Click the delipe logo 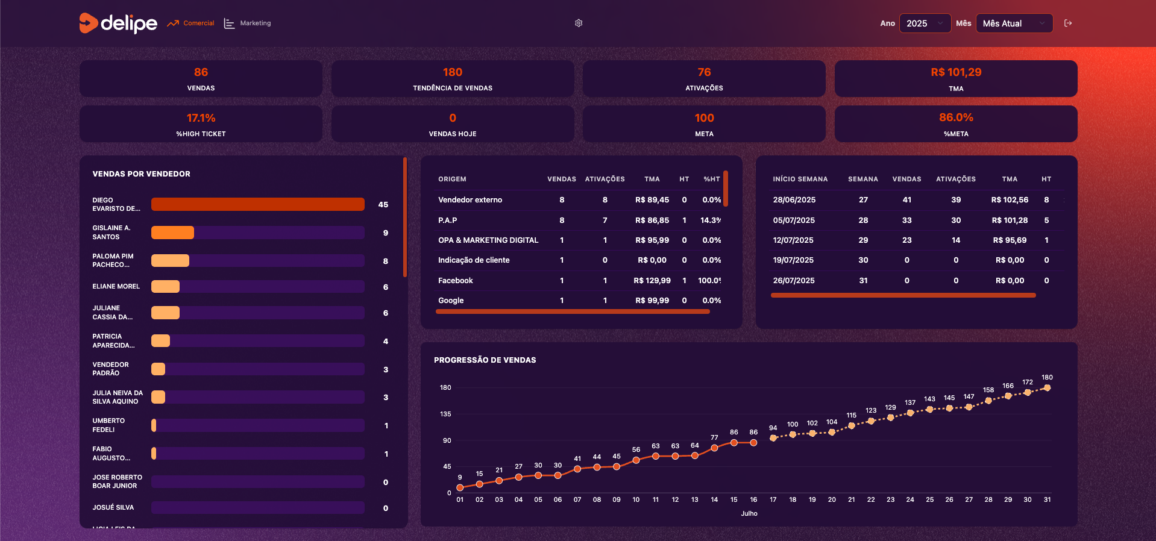pos(118,23)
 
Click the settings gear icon pos(579,23)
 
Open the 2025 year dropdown pos(925,23)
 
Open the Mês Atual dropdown pos(1014,23)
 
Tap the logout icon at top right pos(1068,23)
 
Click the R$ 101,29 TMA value pos(956,72)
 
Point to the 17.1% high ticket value pos(201,118)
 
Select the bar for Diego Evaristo pos(257,204)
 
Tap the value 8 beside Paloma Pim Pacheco pos(386,261)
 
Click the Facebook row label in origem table pos(456,281)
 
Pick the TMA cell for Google pos(652,301)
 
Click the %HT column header pos(712,179)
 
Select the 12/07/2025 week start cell pos(793,240)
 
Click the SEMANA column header pos(862,179)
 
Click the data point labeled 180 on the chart pos(1047,388)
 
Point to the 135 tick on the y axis pos(445,414)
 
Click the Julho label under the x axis pos(749,514)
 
